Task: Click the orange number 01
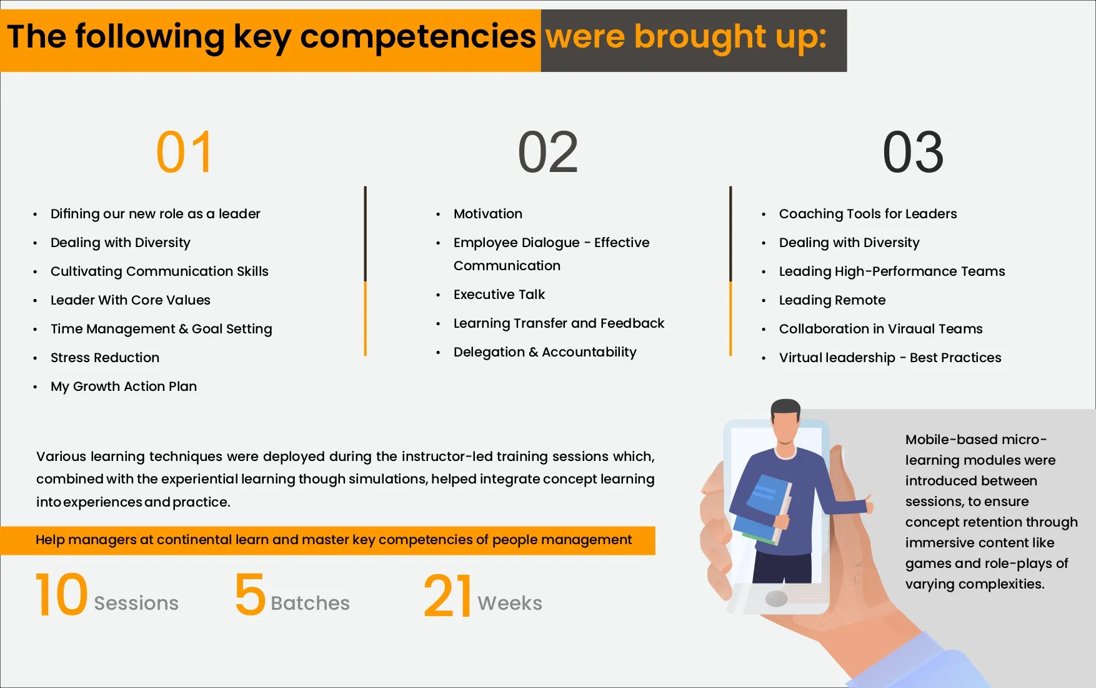[184, 152]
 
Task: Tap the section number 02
[548, 152]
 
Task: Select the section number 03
[913, 152]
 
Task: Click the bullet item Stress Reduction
[105, 358]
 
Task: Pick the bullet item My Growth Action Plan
[124, 387]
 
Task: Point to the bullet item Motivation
[488, 214]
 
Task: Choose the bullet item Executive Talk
[499, 295]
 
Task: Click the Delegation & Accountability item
[545, 352]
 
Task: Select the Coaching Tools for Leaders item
[868, 214]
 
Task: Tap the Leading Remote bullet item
[832, 300]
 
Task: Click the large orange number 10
[61, 594]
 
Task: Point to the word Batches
[310, 603]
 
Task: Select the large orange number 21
[447, 596]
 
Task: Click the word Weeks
[510, 603]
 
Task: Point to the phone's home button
[776, 599]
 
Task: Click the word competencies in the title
[418, 36]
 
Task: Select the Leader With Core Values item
[131, 300]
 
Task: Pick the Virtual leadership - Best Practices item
[890, 358]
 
